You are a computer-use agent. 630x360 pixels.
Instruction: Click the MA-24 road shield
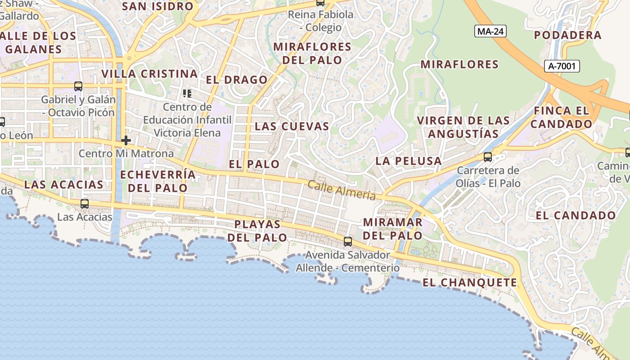coord(490,31)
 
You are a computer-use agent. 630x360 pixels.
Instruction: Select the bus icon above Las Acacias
coord(84,203)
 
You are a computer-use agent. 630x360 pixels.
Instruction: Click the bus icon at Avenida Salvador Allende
coord(347,241)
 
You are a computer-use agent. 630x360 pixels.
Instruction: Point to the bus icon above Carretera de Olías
coord(487,157)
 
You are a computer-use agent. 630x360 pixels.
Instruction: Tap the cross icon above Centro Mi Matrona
coord(126,140)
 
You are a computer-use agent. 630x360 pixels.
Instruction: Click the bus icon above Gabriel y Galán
coord(78,86)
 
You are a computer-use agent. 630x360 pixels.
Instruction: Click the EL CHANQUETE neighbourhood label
coord(470,283)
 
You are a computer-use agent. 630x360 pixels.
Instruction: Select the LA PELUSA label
coord(408,161)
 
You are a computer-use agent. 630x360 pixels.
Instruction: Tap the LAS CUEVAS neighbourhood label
coord(292,126)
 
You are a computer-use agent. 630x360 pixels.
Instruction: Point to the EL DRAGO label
coord(237,80)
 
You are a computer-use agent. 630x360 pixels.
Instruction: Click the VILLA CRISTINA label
coord(149,74)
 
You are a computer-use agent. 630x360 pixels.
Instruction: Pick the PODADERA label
coord(567,35)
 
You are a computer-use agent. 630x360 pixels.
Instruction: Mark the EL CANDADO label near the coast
coord(575,216)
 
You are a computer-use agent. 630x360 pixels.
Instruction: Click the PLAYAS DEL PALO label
coord(257,230)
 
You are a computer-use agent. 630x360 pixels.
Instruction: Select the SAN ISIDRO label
coord(157,6)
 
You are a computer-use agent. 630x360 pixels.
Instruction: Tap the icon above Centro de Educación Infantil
coord(187,94)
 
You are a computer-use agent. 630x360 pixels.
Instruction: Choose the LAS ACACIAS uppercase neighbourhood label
coord(63,184)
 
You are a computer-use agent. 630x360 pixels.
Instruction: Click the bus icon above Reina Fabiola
coord(320,2)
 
